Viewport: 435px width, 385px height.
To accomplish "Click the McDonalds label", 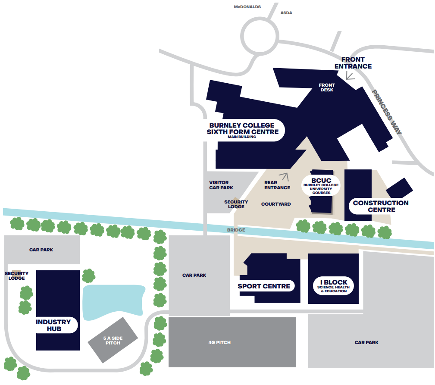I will (247, 7).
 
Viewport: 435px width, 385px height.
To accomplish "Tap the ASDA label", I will (286, 13).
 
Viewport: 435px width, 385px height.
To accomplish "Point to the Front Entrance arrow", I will (350, 76).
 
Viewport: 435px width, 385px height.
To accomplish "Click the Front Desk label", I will (327, 88).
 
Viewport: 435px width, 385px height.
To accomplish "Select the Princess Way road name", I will (387, 112).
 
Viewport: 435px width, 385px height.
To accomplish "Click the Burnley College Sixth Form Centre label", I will (242, 129).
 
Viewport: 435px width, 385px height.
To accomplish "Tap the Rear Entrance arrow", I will (283, 176).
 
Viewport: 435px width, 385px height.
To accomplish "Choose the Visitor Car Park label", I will (221, 185).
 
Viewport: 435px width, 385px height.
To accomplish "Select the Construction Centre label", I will (380, 206).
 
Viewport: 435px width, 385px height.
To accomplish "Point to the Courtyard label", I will (276, 204).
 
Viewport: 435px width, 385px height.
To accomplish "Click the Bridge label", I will (236, 230).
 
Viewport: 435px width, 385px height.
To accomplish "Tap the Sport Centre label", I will (264, 286).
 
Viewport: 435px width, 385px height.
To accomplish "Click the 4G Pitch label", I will (219, 342).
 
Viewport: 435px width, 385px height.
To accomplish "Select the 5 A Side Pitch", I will (113, 341).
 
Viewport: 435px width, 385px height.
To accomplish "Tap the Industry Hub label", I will (53, 325).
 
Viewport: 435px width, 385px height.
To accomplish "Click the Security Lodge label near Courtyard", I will (236, 204).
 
